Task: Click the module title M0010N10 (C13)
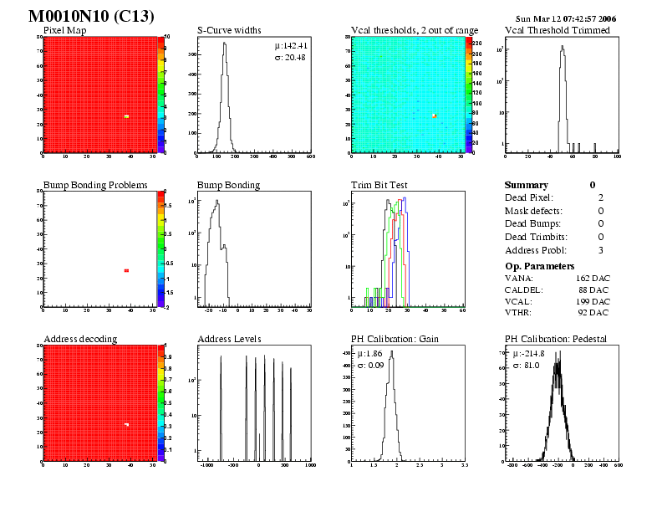[x=91, y=17]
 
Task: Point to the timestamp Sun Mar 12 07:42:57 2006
[x=566, y=18]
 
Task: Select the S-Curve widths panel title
[x=227, y=31]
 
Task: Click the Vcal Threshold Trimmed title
[x=558, y=31]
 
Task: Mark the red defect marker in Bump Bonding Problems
[x=126, y=270]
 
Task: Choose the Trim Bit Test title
[x=378, y=185]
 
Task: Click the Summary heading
[x=527, y=185]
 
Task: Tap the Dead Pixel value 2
[x=601, y=197]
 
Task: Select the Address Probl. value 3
[x=601, y=250]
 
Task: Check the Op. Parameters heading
[x=539, y=265]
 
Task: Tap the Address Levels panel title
[x=229, y=339]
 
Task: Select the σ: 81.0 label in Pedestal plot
[x=525, y=366]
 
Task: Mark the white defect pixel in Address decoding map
[x=126, y=425]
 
